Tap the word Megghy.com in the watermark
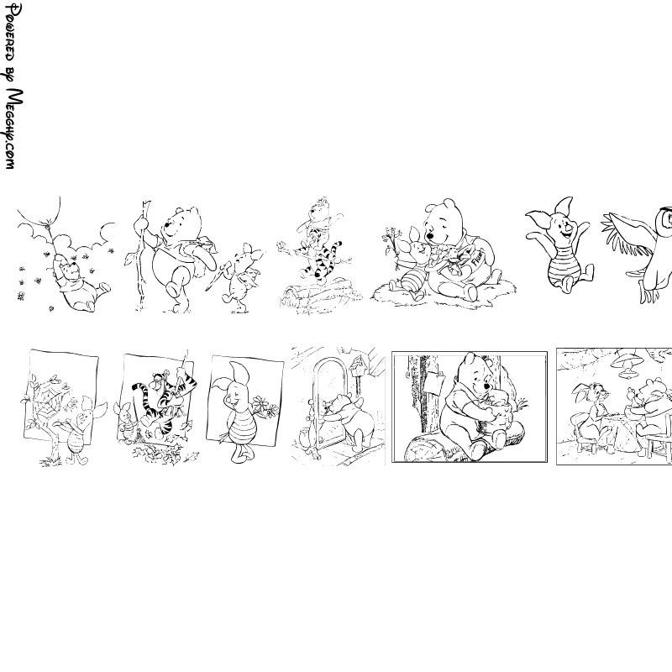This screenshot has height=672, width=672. (15, 129)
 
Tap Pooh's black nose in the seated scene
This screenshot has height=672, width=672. (430, 236)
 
